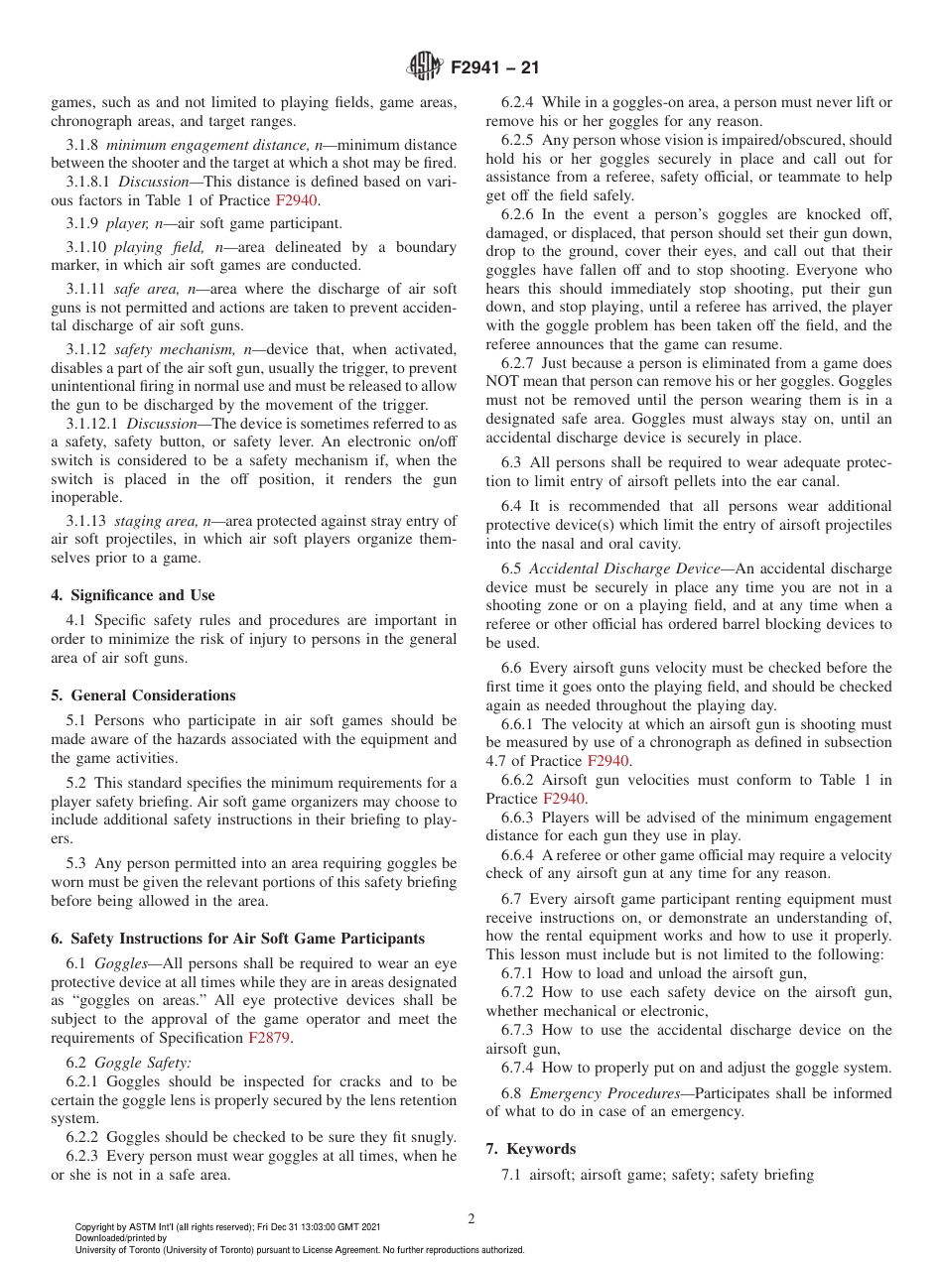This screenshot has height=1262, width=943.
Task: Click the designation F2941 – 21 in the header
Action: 494,68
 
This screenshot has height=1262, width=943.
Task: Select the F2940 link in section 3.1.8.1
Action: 296,199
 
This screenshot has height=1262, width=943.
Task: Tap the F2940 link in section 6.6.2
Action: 564,798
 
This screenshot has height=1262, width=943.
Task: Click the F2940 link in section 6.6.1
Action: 608,761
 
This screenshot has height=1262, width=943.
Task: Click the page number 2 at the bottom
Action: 471,1219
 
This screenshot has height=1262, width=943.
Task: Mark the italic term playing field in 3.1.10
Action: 156,247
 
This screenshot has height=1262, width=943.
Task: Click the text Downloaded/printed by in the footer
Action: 121,1238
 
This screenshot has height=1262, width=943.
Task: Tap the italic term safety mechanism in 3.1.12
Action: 164,349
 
